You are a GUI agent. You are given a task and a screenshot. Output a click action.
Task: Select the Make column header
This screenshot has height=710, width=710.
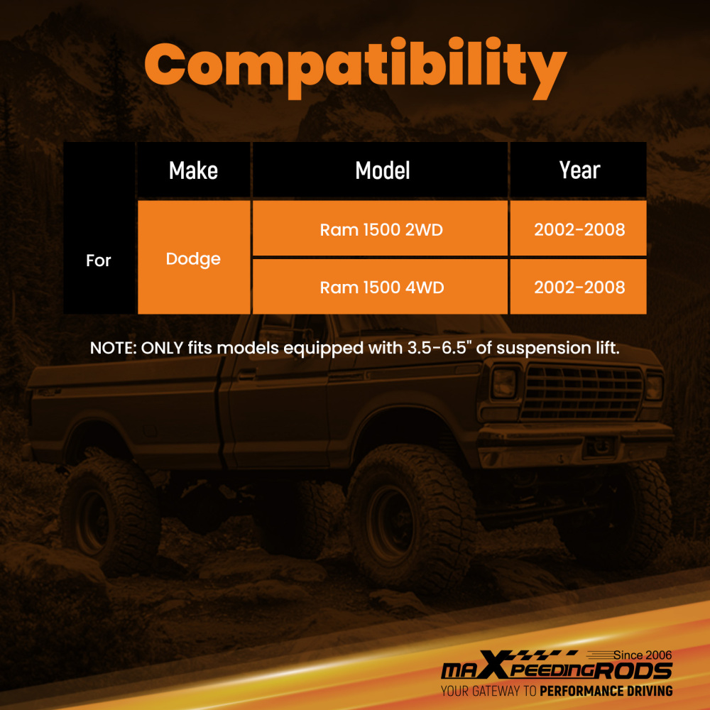[x=193, y=170]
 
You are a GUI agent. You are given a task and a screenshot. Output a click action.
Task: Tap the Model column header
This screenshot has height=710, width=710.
[x=383, y=170]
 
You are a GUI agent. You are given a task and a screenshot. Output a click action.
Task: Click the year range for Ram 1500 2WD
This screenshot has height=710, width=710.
[x=579, y=229]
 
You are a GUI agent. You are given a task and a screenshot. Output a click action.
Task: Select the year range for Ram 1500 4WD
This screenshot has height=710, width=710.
[x=579, y=287]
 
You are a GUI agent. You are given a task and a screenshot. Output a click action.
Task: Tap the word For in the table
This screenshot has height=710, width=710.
[x=98, y=261]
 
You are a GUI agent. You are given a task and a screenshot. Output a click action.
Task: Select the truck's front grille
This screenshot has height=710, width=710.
[x=583, y=392]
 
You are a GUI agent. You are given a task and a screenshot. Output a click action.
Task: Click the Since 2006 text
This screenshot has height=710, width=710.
[x=642, y=655]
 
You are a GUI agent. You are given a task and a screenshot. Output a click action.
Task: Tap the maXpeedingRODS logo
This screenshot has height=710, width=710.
[x=557, y=667]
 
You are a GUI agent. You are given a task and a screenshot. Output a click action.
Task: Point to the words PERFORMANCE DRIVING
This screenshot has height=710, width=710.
[x=606, y=691]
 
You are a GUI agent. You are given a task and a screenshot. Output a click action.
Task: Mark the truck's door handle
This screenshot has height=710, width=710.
[x=247, y=374]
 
